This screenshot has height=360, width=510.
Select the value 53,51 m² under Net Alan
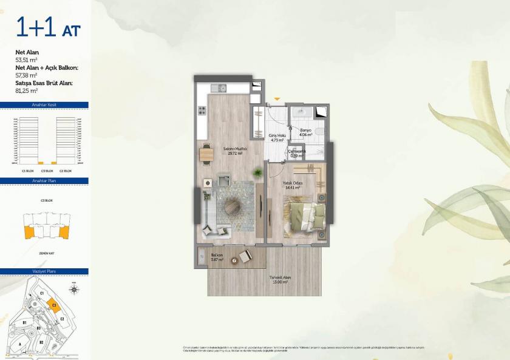click(27, 60)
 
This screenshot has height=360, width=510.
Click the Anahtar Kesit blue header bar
click(44, 105)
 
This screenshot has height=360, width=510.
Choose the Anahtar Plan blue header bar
click(44, 180)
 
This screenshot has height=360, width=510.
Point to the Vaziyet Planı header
click(44, 271)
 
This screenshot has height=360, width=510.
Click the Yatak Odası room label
click(293, 185)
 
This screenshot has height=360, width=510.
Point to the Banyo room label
click(305, 132)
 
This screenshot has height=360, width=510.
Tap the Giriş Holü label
click(277, 137)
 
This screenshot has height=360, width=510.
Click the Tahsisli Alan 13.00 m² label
click(280, 280)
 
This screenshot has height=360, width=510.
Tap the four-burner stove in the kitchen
click(202, 111)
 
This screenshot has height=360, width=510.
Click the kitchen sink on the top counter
click(219, 89)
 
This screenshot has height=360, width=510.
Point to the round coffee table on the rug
click(233, 207)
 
